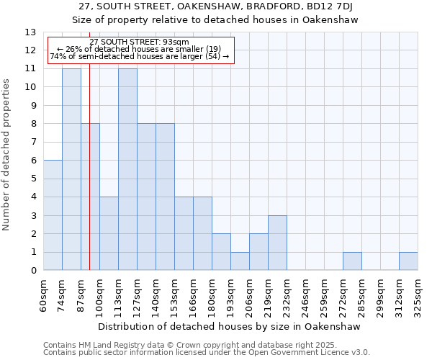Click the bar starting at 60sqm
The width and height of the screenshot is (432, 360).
point(53,215)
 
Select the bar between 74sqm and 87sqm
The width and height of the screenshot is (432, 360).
point(71,169)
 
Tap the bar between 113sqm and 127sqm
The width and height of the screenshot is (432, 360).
point(127,169)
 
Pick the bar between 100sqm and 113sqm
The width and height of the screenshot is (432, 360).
point(109,234)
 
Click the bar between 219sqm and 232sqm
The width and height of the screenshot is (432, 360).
point(277,243)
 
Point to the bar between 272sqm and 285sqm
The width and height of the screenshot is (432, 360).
point(352,261)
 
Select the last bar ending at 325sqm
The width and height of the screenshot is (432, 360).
point(408,261)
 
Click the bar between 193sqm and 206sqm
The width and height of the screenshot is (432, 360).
point(240,261)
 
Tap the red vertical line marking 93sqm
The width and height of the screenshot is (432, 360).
point(89,180)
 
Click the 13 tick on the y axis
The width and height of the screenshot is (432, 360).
point(30,32)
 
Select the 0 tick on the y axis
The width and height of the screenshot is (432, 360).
point(33,271)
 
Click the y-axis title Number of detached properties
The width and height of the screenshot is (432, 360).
point(7,156)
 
